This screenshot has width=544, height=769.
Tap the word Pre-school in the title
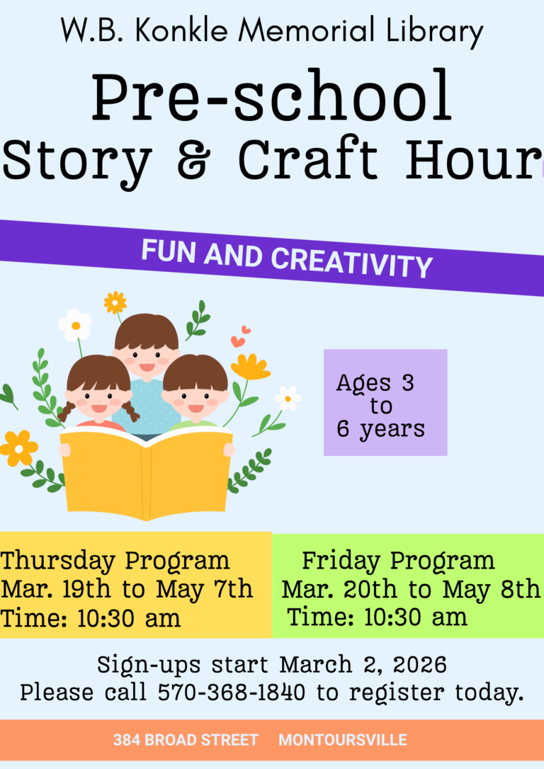(x=271, y=96)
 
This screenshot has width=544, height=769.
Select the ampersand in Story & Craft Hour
(x=194, y=159)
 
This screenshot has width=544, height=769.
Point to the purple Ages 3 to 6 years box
(x=385, y=402)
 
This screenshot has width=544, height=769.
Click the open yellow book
(x=147, y=472)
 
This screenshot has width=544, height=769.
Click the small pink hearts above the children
(x=240, y=336)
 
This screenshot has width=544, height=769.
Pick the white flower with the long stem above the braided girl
(x=75, y=326)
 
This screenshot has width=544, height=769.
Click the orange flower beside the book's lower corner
(x=18, y=448)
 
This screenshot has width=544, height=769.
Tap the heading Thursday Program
(x=115, y=561)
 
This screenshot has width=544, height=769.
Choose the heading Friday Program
(x=398, y=561)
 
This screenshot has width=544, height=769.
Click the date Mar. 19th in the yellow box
(x=56, y=589)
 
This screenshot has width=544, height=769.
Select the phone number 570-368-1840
(x=231, y=693)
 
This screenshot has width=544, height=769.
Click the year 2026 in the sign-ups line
(x=420, y=665)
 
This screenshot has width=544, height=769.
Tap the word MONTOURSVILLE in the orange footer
(x=343, y=740)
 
